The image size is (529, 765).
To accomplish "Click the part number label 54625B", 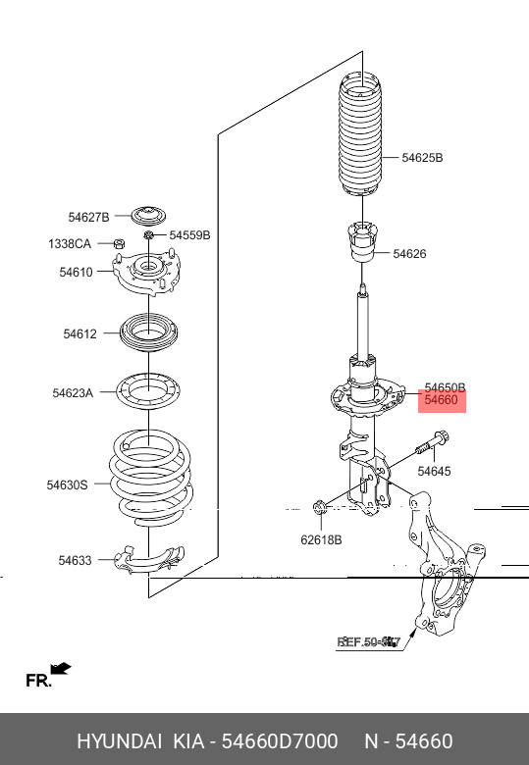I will click(422, 157).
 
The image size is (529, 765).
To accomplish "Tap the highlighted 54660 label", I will click(441, 400).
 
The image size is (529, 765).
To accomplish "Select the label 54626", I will click(409, 254).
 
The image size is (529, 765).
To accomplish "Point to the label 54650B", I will click(445, 387).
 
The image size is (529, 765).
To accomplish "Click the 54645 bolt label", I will click(434, 472).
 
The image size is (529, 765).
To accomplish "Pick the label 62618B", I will click(321, 538).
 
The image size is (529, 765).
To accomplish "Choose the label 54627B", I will click(89, 217).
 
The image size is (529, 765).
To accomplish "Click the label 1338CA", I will click(70, 243).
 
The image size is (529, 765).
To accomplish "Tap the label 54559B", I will click(189, 235).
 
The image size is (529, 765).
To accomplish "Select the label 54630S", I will click(67, 484).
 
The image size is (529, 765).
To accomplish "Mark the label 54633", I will click(75, 561).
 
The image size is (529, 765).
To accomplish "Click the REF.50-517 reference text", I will click(369, 642).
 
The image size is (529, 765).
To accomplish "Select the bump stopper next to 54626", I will click(360, 243).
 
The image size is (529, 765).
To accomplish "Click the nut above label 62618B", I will click(320, 507).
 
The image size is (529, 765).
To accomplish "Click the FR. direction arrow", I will click(61, 669).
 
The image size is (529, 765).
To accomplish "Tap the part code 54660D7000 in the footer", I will click(284, 740).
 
